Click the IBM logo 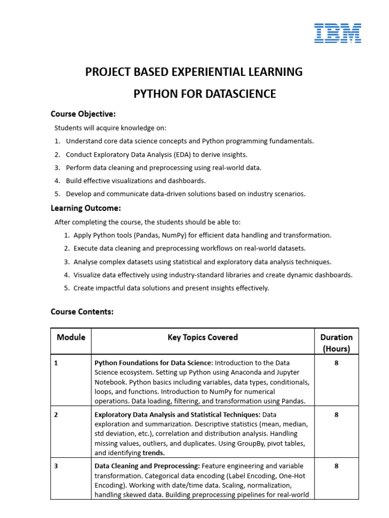(x=337, y=33)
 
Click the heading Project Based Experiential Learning (x=194, y=72)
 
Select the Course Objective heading (x=83, y=114)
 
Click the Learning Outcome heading (x=86, y=208)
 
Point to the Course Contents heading (x=82, y=312)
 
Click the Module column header (x=71, y=337)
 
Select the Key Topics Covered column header (x=203, y=337)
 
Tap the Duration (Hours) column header (x=336, y=342)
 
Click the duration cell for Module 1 (x=336, y=363)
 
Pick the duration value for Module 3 (x=336, y=466)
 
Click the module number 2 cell (x=56, y=415)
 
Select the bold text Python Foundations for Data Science (x=152, y=363)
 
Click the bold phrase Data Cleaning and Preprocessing (x=147, y=466)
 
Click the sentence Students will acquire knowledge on (x=110, y=128)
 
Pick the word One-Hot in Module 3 (x=293, y=476)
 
